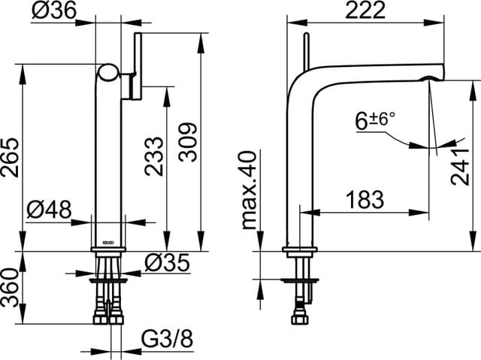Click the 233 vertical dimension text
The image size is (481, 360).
(x=154, y=156)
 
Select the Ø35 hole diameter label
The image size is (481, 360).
(x=166, y=262)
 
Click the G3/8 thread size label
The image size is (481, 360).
(x=167, y=340)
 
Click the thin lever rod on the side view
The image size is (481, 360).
(x=306, y=53)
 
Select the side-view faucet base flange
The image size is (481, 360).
(x=301, y=250)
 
